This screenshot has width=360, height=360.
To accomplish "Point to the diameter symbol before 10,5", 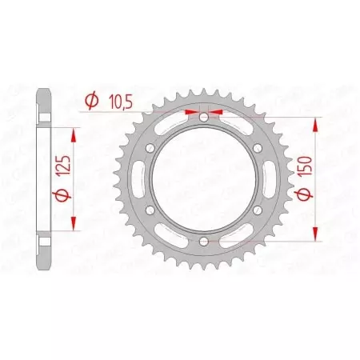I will pyautogui.click(x=91, y=101).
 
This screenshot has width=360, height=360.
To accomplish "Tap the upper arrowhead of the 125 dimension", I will pyautogui.click(x=76, y=131).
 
